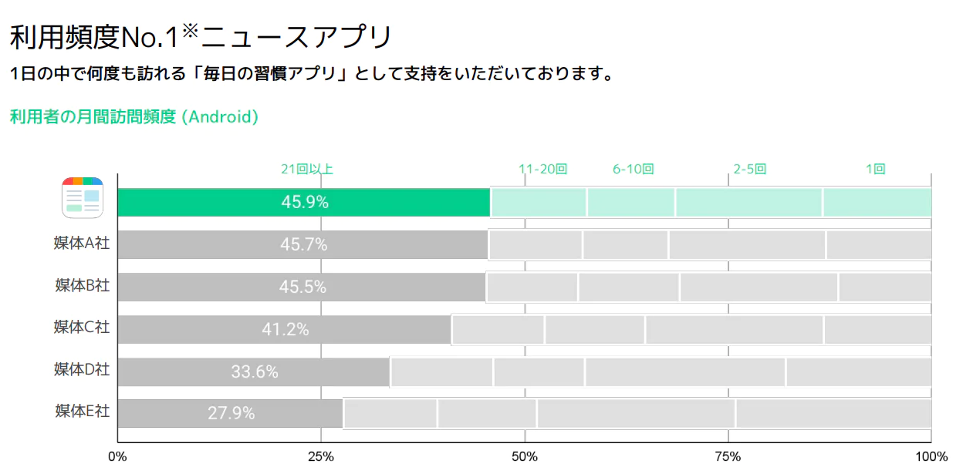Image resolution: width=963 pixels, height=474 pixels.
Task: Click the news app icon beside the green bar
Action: [x=82, y=198]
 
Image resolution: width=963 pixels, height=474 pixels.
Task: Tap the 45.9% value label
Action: [x=305, y=203]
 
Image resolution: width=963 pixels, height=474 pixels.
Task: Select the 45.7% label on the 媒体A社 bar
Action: [x=303, y=245]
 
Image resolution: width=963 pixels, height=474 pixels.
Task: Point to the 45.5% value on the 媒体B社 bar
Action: [x=302, y=287]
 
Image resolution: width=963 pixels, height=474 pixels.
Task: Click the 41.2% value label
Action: [x=286, y=329]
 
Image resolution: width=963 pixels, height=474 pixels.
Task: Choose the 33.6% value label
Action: [x=255, y=371]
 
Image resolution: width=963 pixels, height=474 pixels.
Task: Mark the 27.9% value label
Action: [x=231, y=413]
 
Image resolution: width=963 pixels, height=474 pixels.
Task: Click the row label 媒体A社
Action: [x=82, y=244]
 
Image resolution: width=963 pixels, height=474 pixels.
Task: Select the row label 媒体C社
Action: [x=82, y=327]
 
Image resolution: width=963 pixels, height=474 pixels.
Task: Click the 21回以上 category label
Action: [x=307, y=170]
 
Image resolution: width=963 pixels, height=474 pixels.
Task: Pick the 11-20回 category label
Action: [x=542, y=170]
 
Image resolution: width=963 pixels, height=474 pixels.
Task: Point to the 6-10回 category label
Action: [x=634, y=170]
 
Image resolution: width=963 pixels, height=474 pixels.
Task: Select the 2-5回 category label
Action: [x=749, y=170]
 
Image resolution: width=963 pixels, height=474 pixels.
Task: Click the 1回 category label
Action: [x=875, y=170]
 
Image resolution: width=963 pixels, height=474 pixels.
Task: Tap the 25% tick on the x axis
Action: [x=321, y=457]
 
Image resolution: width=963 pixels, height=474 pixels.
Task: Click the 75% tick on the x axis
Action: [x=728, y=457]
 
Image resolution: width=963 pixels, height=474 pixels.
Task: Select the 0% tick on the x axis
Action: [x=117, y=457]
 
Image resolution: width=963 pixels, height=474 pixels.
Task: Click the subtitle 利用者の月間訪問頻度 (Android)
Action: [x=133, y=117]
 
